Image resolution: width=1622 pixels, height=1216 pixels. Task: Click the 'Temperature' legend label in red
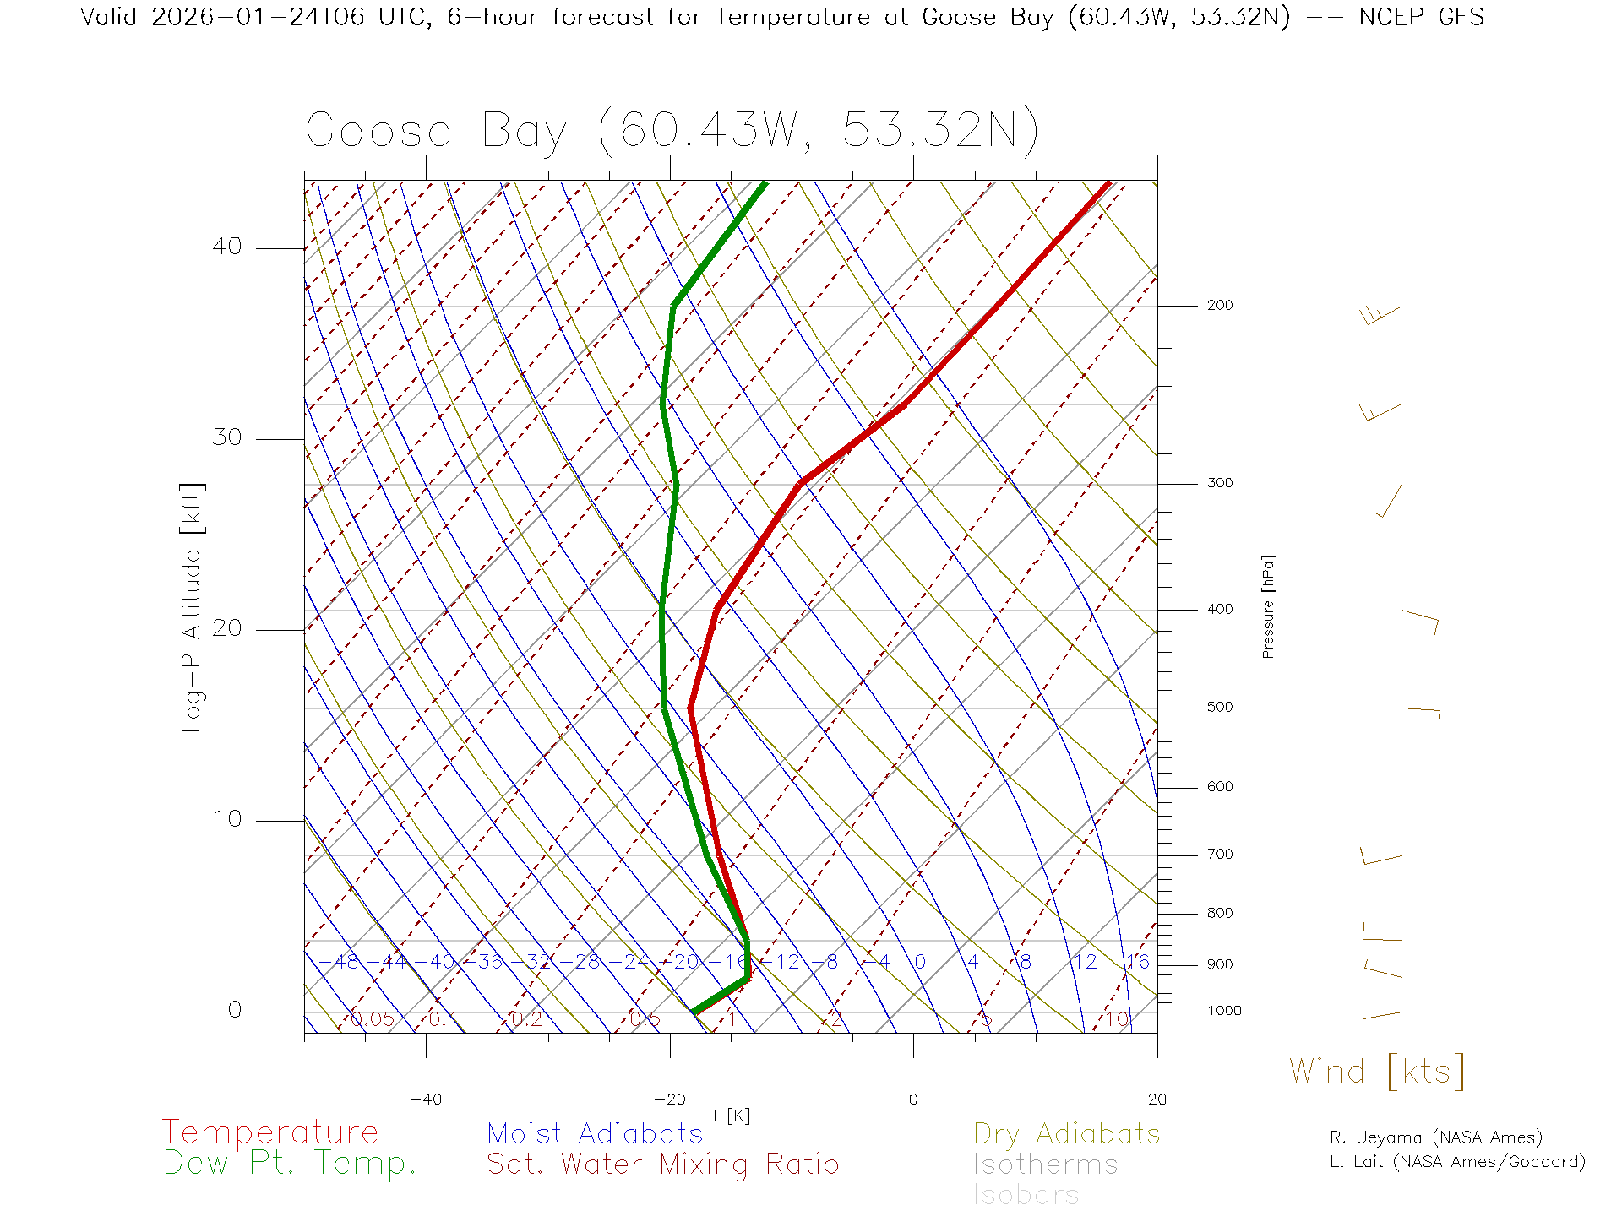pyautogui.click(x=269, y=1132)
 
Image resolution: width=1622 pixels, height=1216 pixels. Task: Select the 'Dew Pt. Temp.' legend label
pyautogui.click(x=290, y=1164)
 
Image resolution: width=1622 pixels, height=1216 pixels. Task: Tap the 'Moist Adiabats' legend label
pyautogui.click(x=595, y=1133)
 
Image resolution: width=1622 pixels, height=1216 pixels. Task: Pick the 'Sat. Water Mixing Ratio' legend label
pyautogui.click(x=662, y=1164)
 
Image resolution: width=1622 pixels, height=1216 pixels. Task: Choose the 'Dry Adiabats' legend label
pyautogui.click(x=1066, y=1133)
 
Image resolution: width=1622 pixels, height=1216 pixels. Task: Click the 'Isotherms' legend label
pyautogui.click(x=1045, y=1164)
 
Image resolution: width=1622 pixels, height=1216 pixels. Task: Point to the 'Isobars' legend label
pyautogui.click(x=1026, y=1195)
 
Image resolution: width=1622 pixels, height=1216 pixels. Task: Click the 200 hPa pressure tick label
pyautogui.click(x=1219, y=306)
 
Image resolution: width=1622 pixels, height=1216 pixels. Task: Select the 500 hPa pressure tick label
pyautogui.click(x=1219, y=708)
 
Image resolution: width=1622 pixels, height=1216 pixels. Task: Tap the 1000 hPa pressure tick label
pyautogui.click(x=1224, y=1011)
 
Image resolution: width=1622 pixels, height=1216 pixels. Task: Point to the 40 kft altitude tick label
pyautogui.click(x=226, y=247)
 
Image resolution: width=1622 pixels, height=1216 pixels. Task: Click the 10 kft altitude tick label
pyautogui.click(x=226, y=819)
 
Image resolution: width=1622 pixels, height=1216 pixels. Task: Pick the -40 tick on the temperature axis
pyautogui.click(x=426, y=1099)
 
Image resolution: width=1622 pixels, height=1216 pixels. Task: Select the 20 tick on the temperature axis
pyautogui.click(x=1157, y=1099)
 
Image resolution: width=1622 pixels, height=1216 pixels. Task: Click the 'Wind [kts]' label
pyautogui.click(x=1377, y=1072)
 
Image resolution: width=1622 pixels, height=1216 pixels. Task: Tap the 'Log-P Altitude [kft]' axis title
pyautogui.click(x=193, y=608)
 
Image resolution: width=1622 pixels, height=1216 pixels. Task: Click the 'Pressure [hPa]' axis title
pyautogui.click(x=1268, y=606)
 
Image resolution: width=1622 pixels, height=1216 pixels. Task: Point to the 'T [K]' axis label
pyautogui.click(x=730, y=1116)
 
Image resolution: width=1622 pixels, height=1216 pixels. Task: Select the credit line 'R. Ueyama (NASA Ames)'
pyautogui.click(x=1435, y=1137)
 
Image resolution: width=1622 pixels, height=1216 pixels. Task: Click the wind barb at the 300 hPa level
pyautogui.click(x=1390, y=501)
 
